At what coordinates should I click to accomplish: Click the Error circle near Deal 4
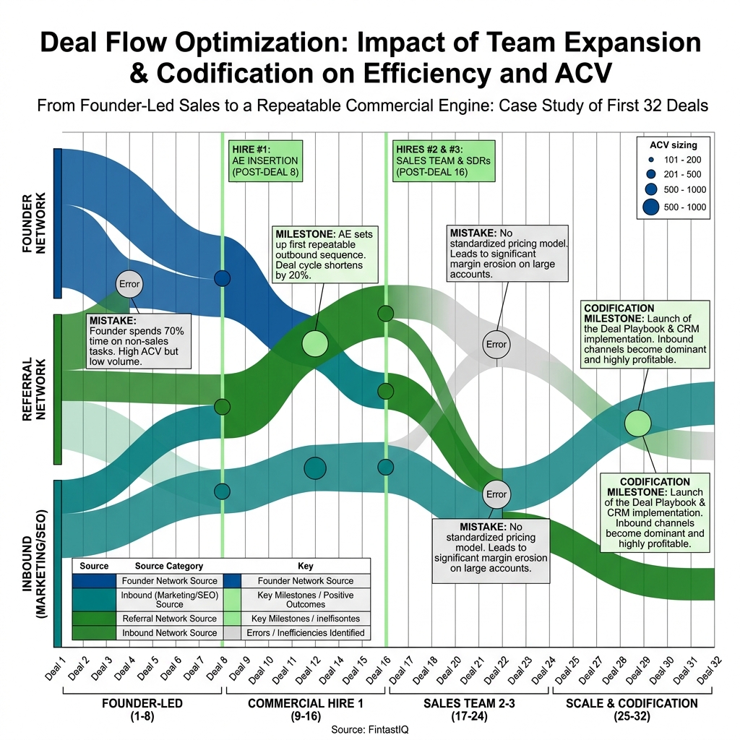pos(129,284)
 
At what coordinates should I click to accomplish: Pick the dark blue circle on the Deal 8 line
pos(223,278)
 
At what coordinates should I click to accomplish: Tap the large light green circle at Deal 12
pos(314,343)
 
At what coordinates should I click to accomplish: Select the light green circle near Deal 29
pos(637,423)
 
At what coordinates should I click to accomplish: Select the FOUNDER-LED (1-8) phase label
pos(142,709)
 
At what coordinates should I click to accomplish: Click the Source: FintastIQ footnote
pos(370,729)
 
